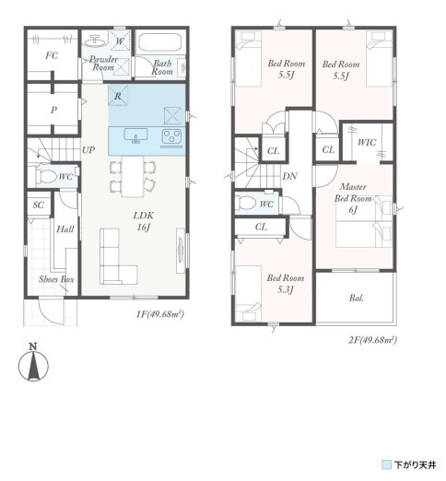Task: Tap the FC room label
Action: click(52, 55)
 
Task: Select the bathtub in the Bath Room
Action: click(159, 42)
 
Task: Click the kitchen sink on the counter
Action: click(135, 135)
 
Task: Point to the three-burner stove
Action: click(171, 136)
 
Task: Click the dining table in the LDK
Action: click(133, 176)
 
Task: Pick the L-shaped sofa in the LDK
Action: click(118, 257)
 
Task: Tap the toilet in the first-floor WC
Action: click(46, 177)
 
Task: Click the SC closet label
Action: click(39, 205)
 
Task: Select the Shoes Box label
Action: click(56, 279)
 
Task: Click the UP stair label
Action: click(88, 150)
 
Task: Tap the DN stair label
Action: click(289, 176)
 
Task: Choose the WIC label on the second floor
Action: click(367, 142)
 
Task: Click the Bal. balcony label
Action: click(357, 298)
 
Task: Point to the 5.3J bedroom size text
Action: click(286, 289)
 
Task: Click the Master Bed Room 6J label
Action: click(353, 198)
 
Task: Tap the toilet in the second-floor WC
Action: click(247, 203)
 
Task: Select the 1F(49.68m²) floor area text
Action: click(160, 314)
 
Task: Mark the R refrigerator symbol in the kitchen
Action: click(118, 96)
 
